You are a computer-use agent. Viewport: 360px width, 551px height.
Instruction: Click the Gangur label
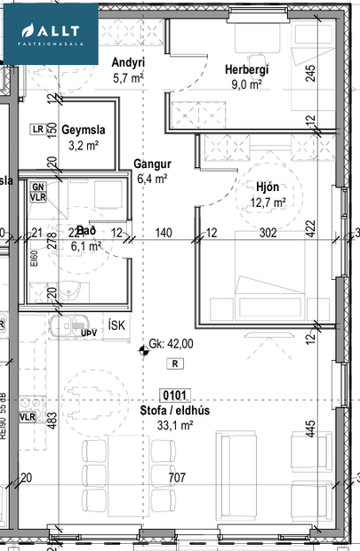[x=152, y=164]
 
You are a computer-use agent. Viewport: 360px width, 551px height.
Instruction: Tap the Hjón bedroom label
[x=267, y=188]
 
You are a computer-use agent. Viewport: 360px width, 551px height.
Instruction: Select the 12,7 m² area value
[x=267, y=203]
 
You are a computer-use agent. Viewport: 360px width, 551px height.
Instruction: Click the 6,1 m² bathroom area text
[x=86, y=246]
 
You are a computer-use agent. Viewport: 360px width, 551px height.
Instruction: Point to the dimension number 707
[x=177, y=478]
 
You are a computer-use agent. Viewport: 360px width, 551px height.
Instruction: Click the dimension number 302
[x=268, y=233]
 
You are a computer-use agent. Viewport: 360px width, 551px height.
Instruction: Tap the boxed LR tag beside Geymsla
[x=37, y=129]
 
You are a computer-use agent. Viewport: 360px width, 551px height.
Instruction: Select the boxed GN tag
[x=38, y=187]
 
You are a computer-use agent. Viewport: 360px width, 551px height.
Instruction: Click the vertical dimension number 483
[x=52, y=420]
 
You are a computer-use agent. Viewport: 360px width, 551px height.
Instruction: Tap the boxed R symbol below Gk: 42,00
[x=176, y=363]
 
